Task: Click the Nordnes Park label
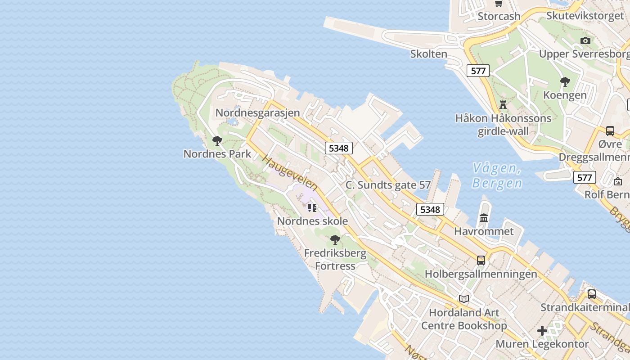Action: [x=217, y=153]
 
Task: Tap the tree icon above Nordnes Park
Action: [x=217, y=141]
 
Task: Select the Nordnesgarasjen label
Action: [x=257, y=112]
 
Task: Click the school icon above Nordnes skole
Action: [x=312, y=207]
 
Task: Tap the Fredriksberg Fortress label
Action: [x=335, y=259]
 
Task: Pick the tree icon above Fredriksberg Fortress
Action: [x=335, y=239]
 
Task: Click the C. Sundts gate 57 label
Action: [x=388, y=185]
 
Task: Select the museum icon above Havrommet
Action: [x=484, y=218]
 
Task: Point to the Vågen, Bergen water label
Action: [x=497, y=176]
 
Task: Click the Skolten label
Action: [x=428, y=54]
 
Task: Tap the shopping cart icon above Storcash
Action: [x=499, y=4]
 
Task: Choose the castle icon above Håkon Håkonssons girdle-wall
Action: [x=503, y=105]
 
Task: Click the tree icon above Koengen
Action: [x=565, y=82]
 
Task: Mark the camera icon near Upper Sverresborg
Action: [x=585, y=40]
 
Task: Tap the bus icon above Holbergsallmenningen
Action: [x=481, y=260]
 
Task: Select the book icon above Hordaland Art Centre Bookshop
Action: [x=464, y=298]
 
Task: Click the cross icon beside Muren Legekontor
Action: [x=542, y=331]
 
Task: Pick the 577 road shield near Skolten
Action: [x=478, y=71]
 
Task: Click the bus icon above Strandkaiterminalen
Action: [x=592, y=294]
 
